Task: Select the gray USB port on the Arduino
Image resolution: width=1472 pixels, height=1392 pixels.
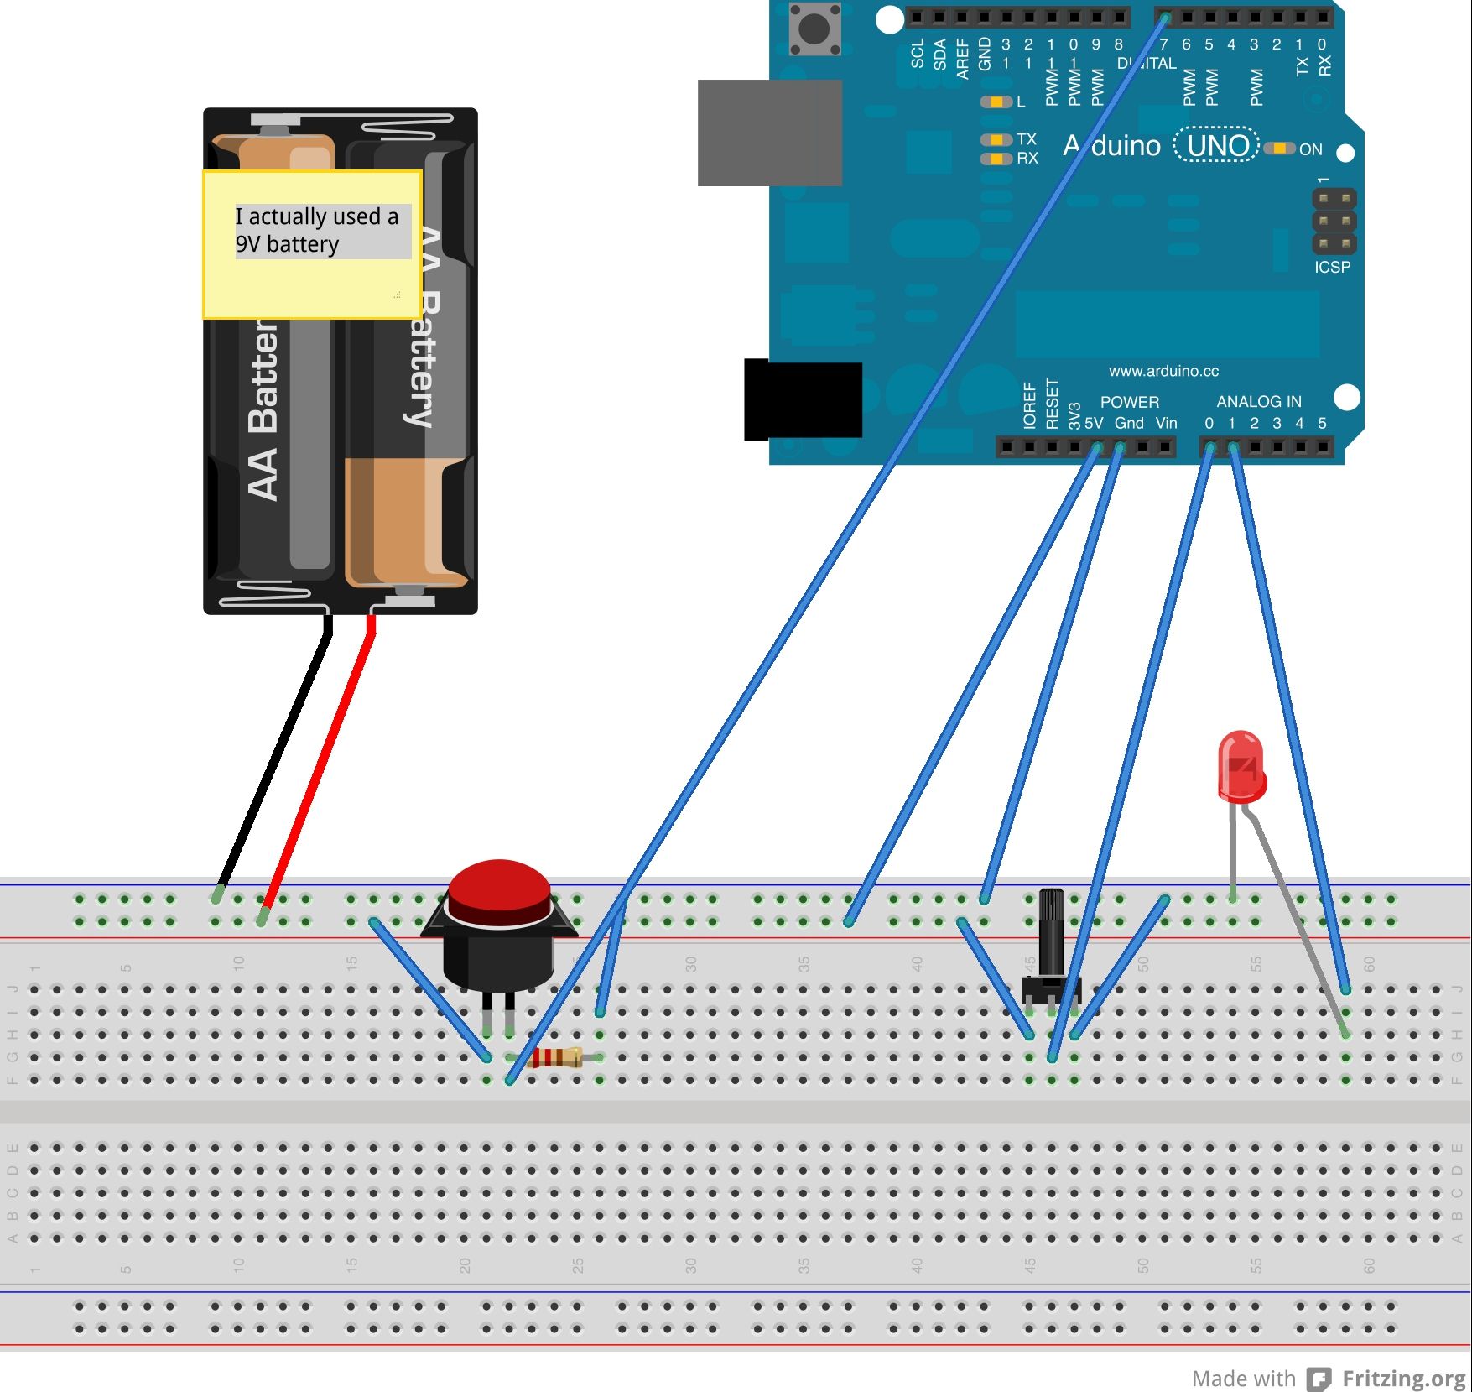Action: tap(769, 133)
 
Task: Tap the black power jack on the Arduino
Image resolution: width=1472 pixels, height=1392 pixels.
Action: tap(803, 399)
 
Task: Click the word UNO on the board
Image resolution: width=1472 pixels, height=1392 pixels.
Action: tap(1217, 146)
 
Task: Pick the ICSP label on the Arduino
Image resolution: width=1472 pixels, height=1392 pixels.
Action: tap(1332, 268)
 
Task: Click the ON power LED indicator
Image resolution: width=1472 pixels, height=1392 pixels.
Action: tap(1280, 149)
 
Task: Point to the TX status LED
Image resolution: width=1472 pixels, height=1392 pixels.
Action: tap(996, 139)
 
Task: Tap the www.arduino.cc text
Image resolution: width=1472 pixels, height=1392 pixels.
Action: tap(1163, 371)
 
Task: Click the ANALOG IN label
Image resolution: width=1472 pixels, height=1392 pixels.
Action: tap(1258, 402)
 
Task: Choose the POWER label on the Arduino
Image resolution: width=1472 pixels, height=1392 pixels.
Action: tap(1129, 402)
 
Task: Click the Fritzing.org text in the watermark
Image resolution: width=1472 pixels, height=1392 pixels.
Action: tap(1403, 1379)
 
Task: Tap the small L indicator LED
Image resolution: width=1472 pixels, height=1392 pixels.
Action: tap(996, 102)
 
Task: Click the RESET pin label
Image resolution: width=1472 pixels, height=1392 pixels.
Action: tap(1052, 404)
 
